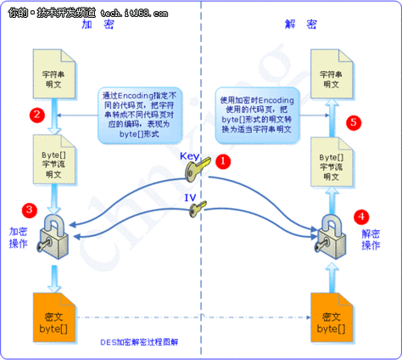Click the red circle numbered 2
click(x=35, y=113)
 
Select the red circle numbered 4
click(x=362, y=216)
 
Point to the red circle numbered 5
click(x=354, y=122)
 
